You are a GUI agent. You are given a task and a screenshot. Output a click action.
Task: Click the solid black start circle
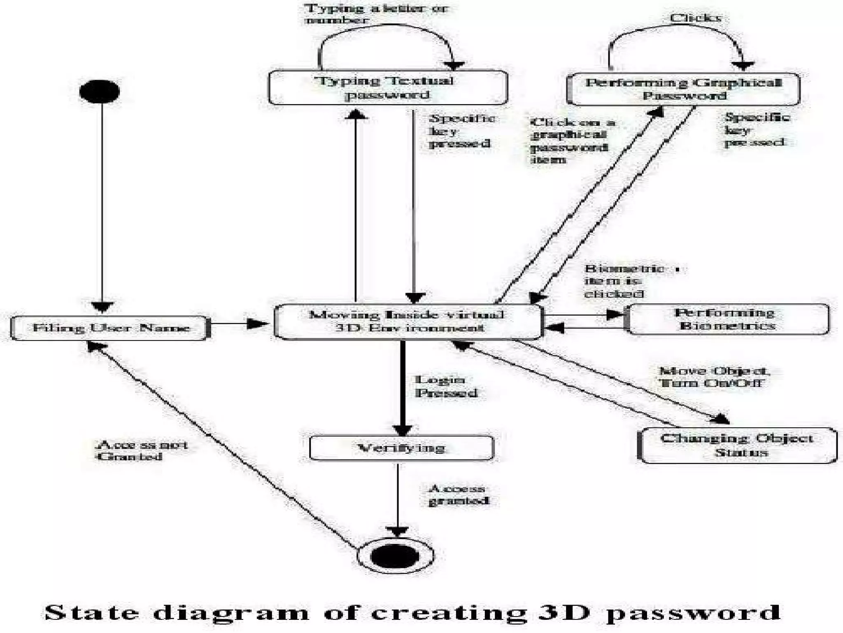100,91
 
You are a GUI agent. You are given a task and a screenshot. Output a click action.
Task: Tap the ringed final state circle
395,556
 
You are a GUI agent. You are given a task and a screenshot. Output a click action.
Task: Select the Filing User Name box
110,328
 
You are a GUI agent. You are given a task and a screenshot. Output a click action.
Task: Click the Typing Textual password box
388,87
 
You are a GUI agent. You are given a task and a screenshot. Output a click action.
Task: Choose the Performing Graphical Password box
683,89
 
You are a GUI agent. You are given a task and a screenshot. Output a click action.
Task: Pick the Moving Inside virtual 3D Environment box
408,321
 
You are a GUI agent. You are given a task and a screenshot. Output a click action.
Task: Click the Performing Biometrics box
727,319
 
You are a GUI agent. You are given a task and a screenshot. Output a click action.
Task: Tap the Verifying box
401,448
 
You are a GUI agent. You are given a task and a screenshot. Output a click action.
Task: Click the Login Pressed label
445,386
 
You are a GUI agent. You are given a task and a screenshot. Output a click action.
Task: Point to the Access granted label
458,495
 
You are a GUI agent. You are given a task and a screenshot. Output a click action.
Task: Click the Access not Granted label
141,450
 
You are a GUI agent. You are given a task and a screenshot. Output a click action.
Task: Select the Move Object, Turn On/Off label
714,377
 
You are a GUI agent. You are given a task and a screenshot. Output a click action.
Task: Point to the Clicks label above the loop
695,18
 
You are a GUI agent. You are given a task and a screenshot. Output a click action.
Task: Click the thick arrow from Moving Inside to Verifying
403,387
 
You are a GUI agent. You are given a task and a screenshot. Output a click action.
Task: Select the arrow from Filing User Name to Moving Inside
239,324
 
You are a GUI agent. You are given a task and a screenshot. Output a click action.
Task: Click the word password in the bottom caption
693,612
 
